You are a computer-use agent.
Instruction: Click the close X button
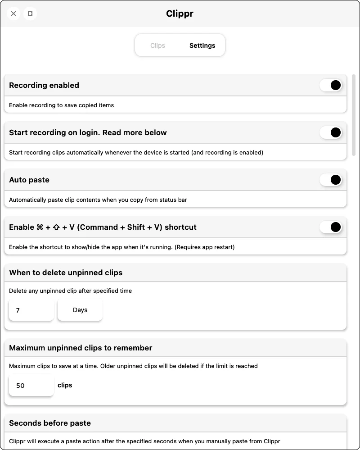point(13,14)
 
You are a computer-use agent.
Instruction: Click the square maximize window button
point(30,14)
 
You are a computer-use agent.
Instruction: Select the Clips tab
point(157,45)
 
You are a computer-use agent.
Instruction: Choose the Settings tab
point(202,45)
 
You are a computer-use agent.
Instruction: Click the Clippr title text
point(180,14)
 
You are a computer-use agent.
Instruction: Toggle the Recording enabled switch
point(331,85)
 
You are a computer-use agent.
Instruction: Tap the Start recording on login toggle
point(331,132)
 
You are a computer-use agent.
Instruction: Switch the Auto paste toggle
point(331,180)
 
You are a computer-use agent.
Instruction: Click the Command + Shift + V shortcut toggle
point(331,227)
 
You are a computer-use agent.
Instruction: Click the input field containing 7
point(31,310)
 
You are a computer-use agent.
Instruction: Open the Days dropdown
point(80,310)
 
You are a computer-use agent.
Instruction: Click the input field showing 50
point(31,386)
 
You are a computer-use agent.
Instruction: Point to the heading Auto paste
point(29,180)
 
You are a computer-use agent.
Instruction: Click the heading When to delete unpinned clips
point(66,273)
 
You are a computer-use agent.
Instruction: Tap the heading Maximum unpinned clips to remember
point(81,348)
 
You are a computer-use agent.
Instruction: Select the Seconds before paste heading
point(50,423)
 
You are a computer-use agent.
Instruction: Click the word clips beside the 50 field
point(65,385)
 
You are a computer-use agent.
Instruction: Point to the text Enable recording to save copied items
point(62,105)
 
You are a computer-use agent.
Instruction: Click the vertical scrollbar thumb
point(354,115)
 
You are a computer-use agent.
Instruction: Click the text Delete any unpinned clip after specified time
point(71,291)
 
